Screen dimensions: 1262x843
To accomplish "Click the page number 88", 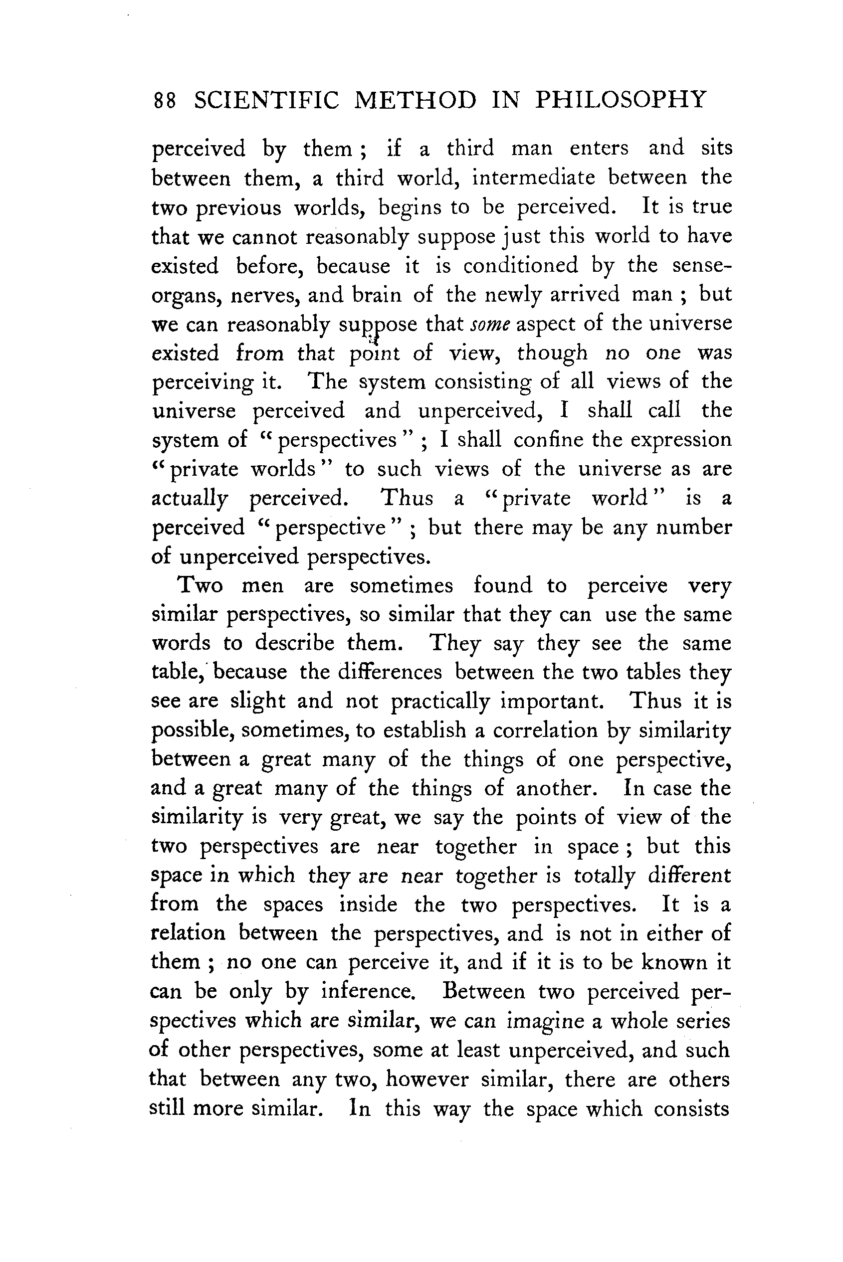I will pyautogui.click(x=165, y=101).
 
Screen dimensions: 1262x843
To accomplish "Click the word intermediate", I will pyautogui.click(x=533, y=178).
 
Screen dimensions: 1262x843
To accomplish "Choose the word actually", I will pyautogui.click(x=189, y=499).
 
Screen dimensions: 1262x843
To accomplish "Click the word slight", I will pyautogui.click(x=257, y=702).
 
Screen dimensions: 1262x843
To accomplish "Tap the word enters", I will pyautogui.click(x=599, y=148).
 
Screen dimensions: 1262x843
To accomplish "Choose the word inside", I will pyautogui.click(x=368, y=904).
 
